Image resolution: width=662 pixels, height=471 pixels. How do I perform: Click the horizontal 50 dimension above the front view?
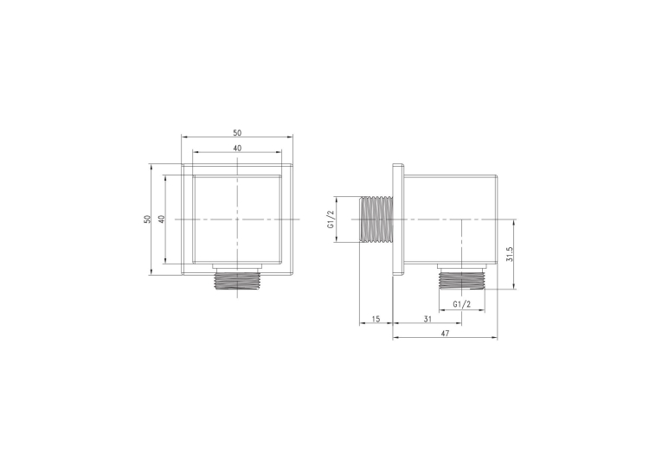click(x=237, y=133)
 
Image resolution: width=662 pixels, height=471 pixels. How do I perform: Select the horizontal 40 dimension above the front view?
click(x=237, y=148)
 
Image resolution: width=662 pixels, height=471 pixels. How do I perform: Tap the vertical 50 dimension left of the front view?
click(x=147, y=220)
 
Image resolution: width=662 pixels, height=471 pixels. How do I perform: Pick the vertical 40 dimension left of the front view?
click(x=161, y=220)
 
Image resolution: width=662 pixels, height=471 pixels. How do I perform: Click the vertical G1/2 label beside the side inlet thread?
click(x=331, y=220)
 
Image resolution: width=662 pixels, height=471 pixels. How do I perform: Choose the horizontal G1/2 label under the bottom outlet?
click(x=461, y=304)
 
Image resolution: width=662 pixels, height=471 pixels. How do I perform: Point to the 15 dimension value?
click(x=376, y=319)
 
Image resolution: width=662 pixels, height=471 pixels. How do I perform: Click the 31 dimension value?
click(x=427, y=319)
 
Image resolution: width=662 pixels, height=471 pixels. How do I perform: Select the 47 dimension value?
click(x=445, y=333)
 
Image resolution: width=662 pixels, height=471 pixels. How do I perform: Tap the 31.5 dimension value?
click(x=509, y=254)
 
